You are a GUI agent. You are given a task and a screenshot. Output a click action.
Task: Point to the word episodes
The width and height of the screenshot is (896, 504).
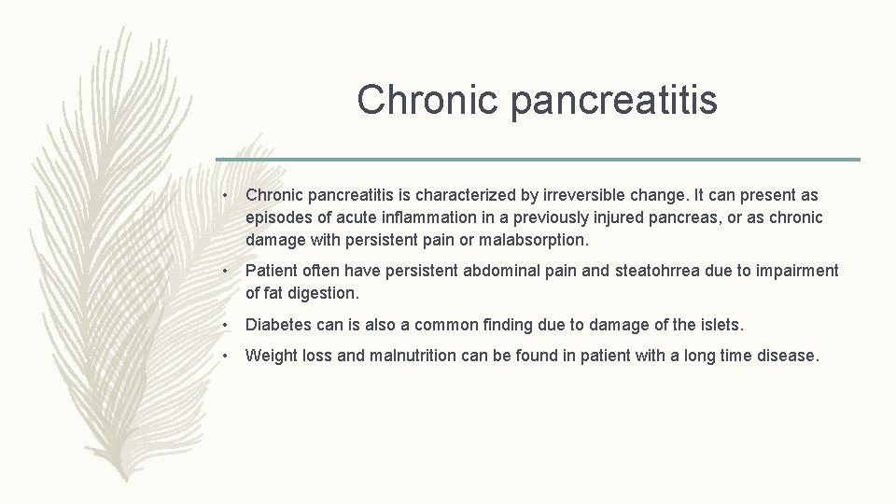pyautogui.click(x=278, y=217)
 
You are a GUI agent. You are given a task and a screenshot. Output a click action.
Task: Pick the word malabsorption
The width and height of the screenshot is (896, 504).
pyautogui.click(x=539, y=240)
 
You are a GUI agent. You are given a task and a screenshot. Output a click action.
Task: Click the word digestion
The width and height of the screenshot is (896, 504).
pyautogui.click(x=324, y=293)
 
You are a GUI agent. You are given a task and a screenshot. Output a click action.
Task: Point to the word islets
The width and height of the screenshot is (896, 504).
pyautogui.click(x=720, y=324)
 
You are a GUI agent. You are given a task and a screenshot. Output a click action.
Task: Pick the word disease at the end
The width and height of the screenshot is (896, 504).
pyautogui.click(x=788, y=355)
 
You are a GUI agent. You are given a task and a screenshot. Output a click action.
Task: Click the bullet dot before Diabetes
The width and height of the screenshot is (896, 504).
pyautogui.click(x=226, y=325)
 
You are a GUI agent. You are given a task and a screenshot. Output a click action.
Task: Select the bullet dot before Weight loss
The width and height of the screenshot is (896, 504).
pyautogui.click(x=226, y=356)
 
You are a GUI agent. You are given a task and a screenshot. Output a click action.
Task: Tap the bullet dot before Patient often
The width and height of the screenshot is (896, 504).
pyautogui.click(x=226, y=272)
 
